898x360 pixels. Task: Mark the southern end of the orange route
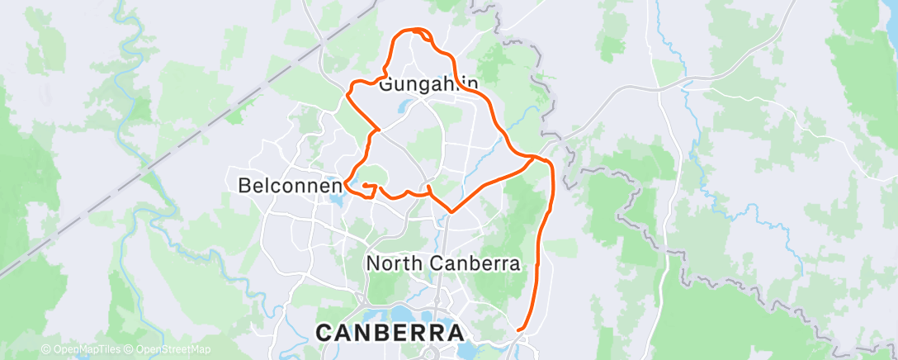coord(518,330)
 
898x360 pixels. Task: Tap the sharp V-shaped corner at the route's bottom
coord(451,211)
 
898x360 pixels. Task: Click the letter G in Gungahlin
coord(386,84)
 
